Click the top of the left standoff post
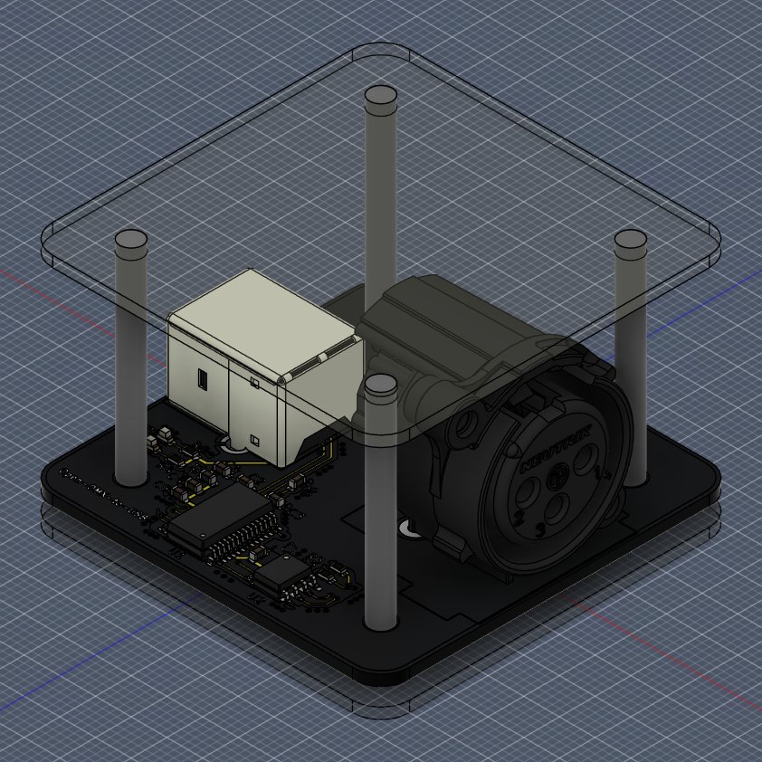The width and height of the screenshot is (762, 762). [131, 240]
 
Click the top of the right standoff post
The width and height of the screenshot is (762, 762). [630, 240]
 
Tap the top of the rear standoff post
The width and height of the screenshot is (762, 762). [380, 94]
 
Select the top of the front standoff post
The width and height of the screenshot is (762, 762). [380, 385]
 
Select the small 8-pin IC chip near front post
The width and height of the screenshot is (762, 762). [284, 570]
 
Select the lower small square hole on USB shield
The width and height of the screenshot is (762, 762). [254, 441]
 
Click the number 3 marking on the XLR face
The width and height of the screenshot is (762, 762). [540, 530]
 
